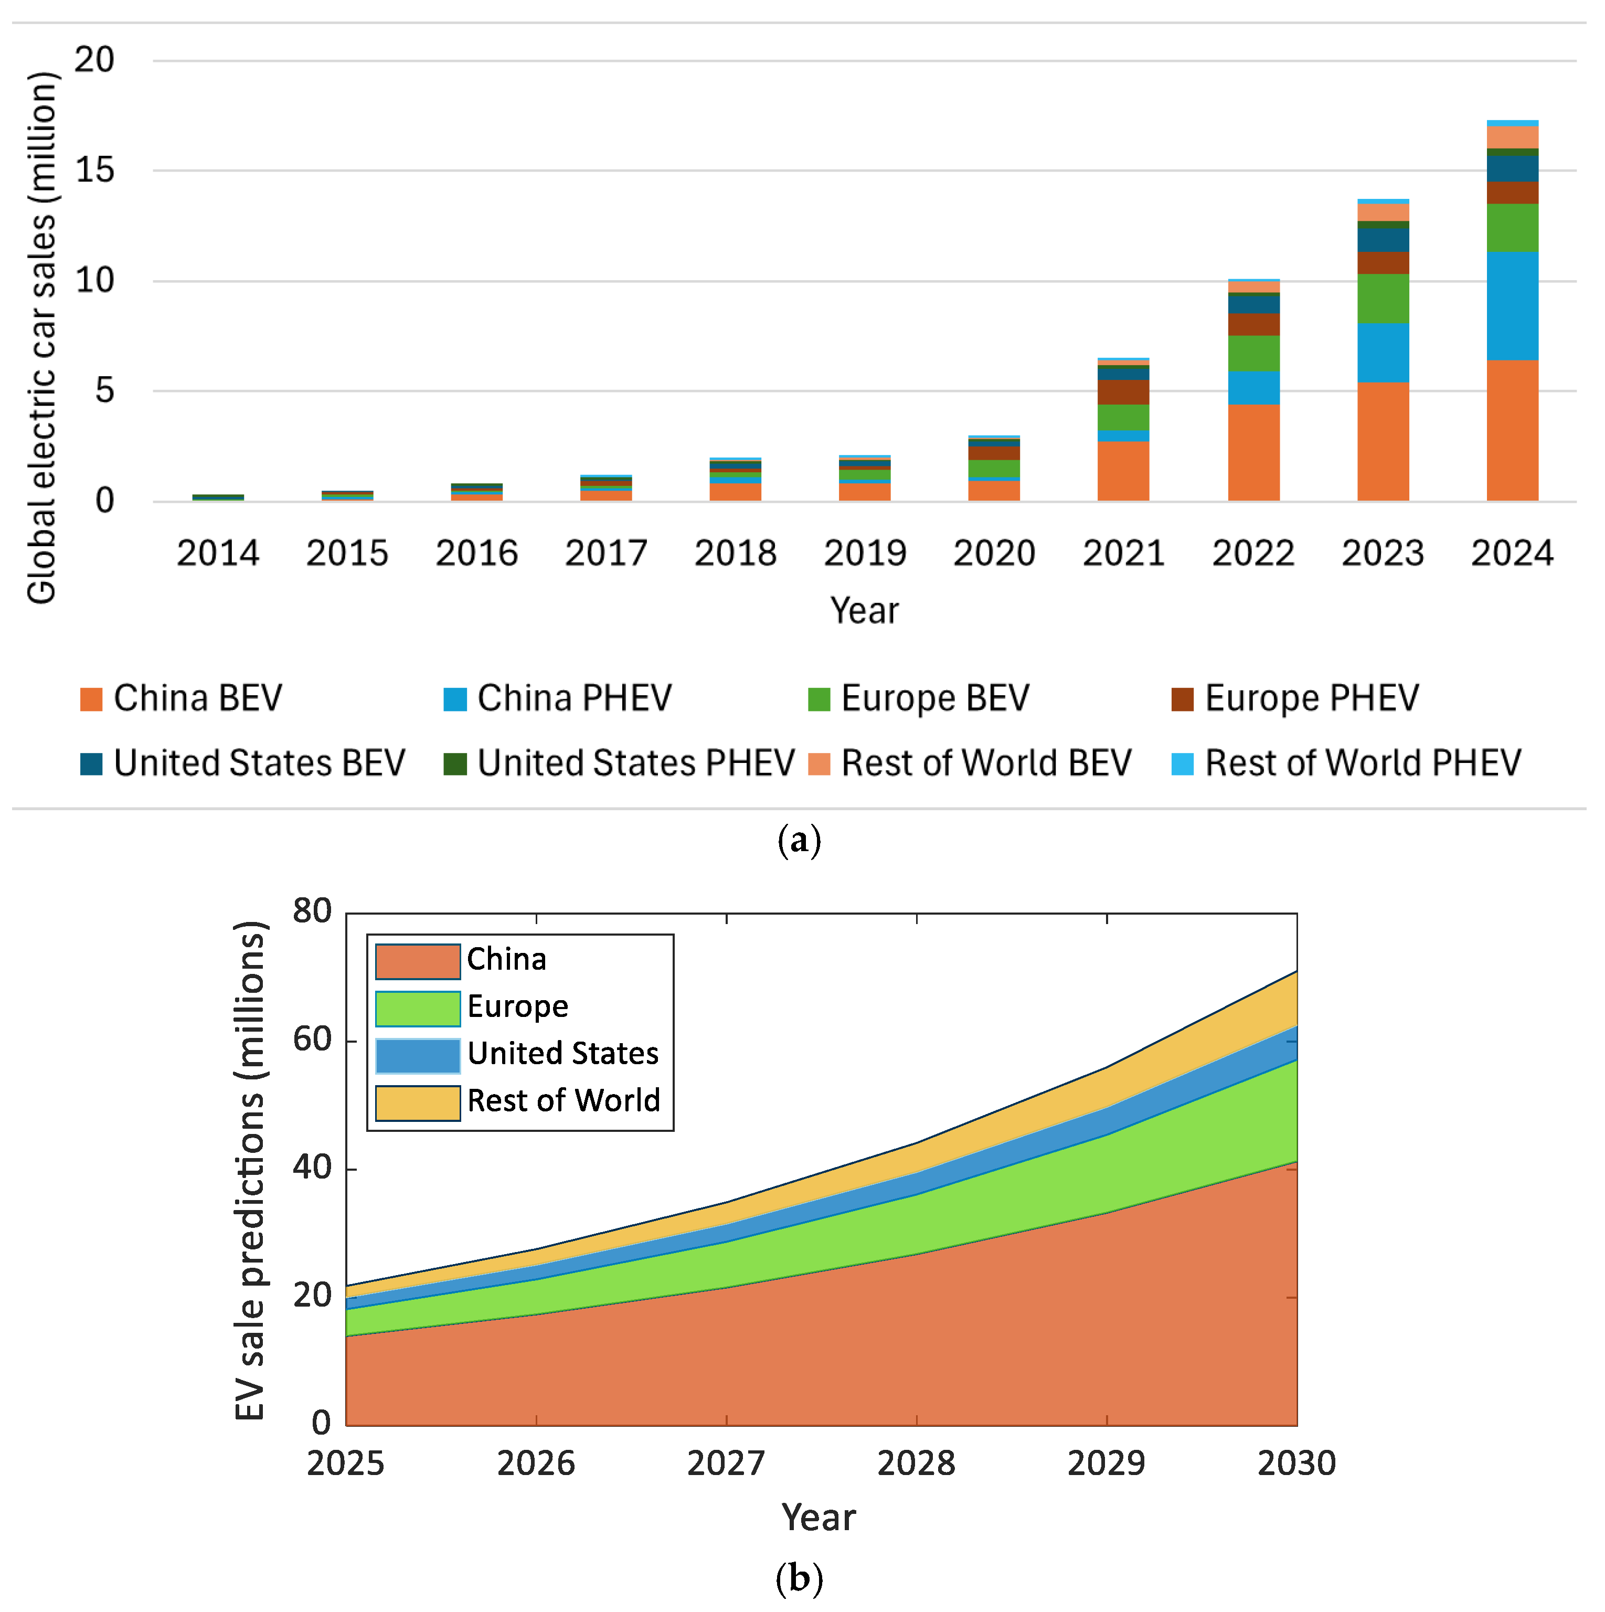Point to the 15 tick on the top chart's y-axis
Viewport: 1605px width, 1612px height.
[x=94, y=170]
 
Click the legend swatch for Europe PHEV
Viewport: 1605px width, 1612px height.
[x=1182, y=699]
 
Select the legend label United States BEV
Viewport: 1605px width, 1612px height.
[x=259, y=762]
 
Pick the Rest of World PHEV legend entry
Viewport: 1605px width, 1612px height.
[x=1362, y=762]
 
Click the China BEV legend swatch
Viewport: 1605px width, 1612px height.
[x=91, y=699]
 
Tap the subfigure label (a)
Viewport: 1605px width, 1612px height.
[x=799, y=840]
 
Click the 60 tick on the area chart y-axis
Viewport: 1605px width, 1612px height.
[x=312, y=1039]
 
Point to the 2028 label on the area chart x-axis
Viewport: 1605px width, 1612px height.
[x=916, y=1462]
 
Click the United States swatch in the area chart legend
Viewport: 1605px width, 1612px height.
[x=417, y=1055]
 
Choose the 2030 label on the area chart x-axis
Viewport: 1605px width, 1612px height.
[x=1296, y=1462]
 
